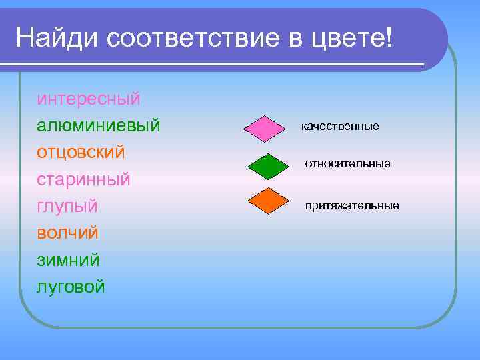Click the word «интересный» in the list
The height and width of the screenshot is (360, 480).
(89, 99)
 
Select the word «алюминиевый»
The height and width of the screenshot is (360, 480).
(99, 125)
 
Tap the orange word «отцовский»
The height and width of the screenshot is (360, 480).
(81, 152)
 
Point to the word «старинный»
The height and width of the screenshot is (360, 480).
(83, 179)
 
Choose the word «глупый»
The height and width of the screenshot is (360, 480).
(67, 206)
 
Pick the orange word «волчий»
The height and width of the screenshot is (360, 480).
(67, 233)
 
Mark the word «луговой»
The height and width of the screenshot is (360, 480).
(71, 287)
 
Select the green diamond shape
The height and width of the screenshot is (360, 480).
(267, 166)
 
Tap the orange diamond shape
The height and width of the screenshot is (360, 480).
(267, 201)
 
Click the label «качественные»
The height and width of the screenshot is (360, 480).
(340, 126)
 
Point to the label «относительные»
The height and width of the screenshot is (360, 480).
(348, 163)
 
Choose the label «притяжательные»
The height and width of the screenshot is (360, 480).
(352, 205)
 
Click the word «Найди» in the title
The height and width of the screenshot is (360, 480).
(56, 38)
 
